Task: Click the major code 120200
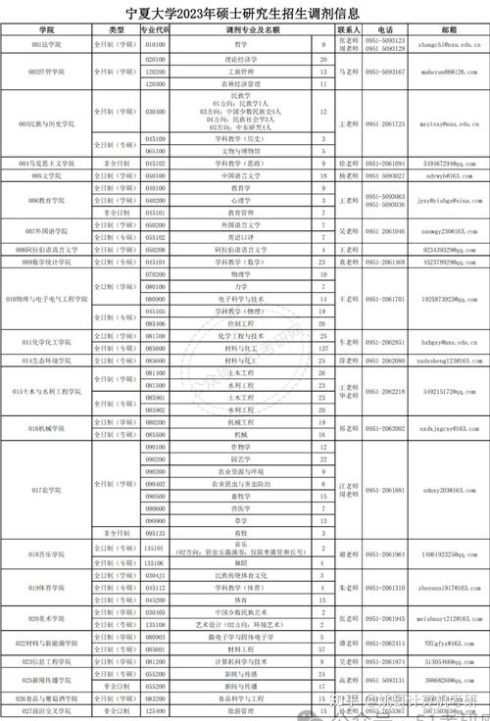[x=154, y=72]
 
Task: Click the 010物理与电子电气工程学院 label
[x=46, y=298]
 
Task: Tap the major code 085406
[x=154, y=322]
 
